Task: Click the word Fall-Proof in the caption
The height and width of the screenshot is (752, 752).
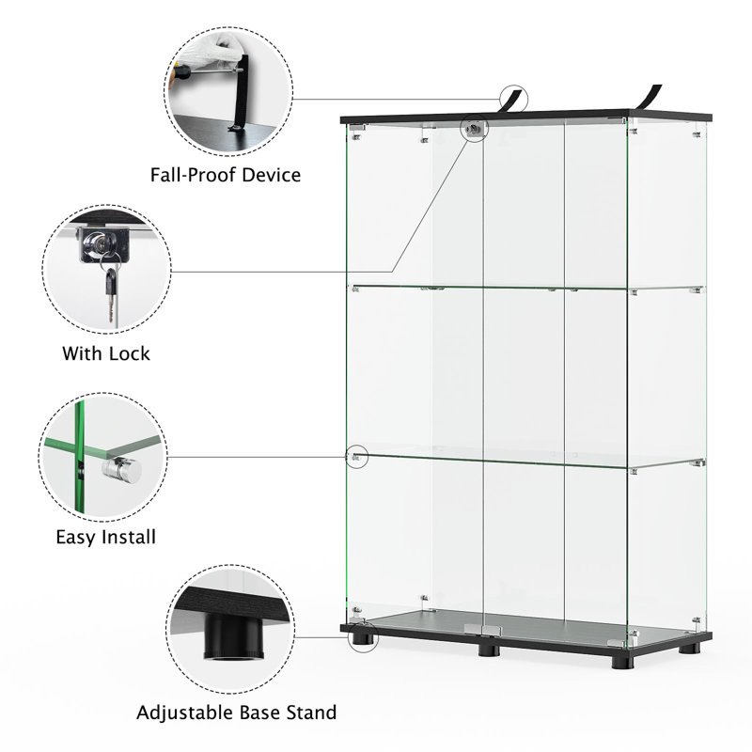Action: click(x=193, y=175)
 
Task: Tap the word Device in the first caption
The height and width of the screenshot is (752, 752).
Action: click(x=271, y=175)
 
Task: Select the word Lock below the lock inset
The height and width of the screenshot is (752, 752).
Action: click(x=129, y=354)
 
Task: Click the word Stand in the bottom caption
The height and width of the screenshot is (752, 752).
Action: click(x=311, y=713)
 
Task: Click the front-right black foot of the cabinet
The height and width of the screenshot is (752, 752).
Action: click(x=623, y=662)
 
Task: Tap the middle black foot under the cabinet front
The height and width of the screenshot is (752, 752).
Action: click(x=489, y=650)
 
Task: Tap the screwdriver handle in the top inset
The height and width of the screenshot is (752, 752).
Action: click(x=180, y=72)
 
